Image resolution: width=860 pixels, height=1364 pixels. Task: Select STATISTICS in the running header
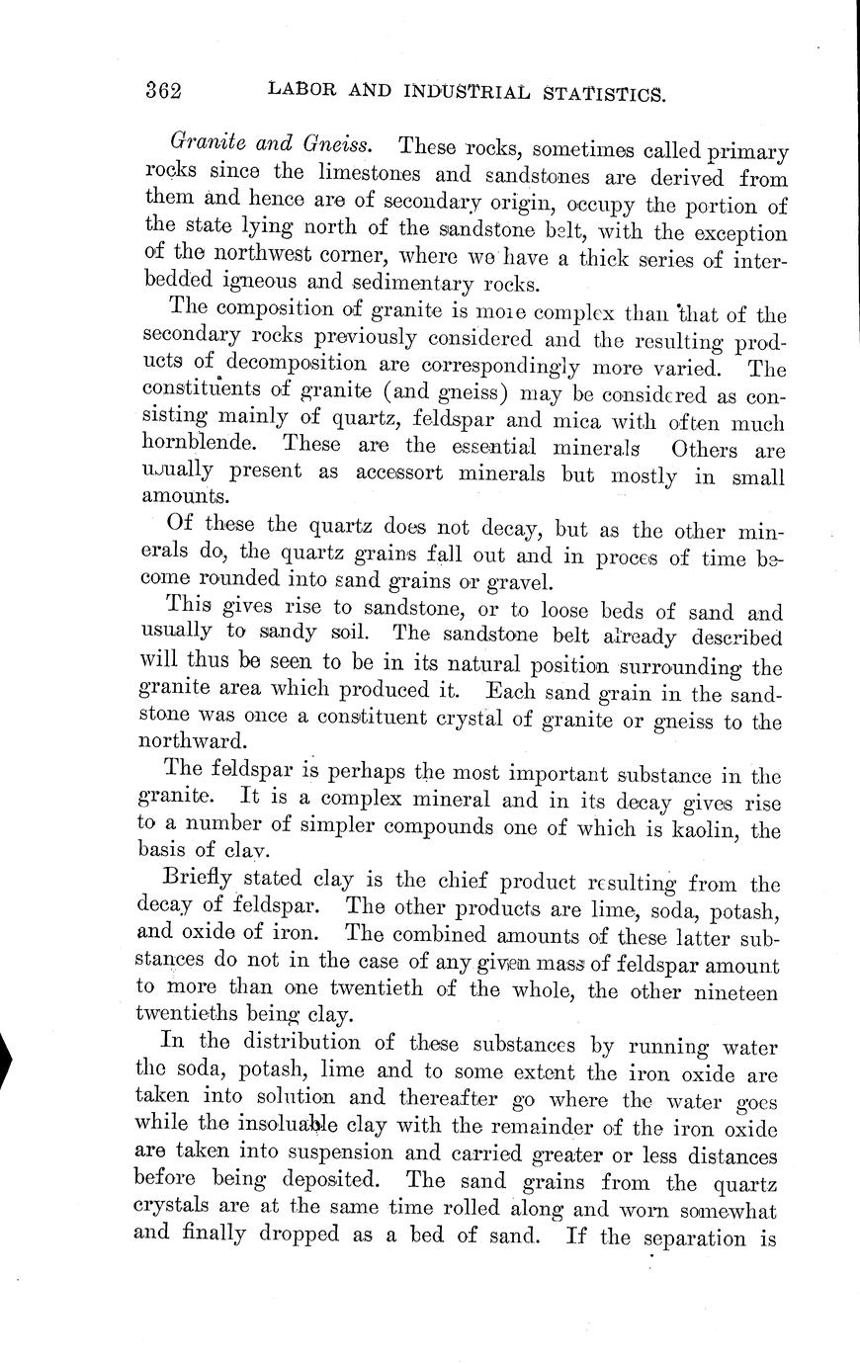click(602, 93)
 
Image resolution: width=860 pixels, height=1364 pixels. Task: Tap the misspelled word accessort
click(431, 473)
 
